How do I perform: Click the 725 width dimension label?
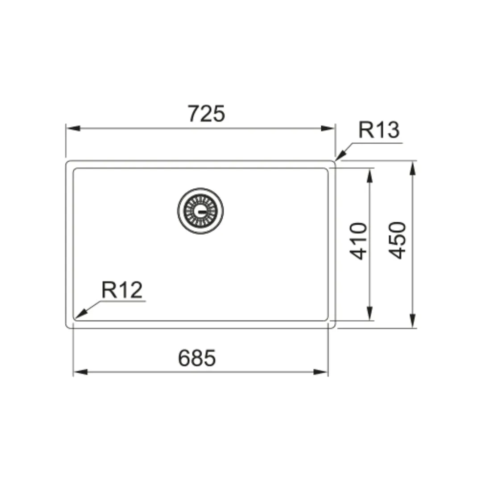pos(206,114)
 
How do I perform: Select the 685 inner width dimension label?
pos(197,358)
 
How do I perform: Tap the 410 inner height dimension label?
pos(358,241)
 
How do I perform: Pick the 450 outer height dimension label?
pos(397,240)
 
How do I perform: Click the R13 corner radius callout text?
pos(379,130)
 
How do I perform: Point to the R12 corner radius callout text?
pos(122,290)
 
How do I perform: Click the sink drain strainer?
pos(200,211)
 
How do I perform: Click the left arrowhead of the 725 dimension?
pos(73,128)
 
